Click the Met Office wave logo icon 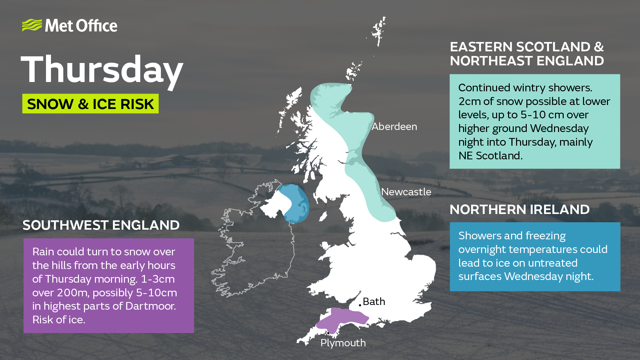tap(32, 25)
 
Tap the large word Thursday tap(102, 69)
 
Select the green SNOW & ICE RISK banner tap(90, 104)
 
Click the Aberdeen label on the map tap(394, 127)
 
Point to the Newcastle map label tap(406, 192)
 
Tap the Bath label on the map tap(374, 302)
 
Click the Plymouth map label tap(343, 343)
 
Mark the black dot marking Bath tap(360, 305)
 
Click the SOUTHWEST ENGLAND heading tap(101, 225)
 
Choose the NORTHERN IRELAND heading tap(519, 210)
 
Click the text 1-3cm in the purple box tap(158, 279)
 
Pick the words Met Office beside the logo tap(81, 26)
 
